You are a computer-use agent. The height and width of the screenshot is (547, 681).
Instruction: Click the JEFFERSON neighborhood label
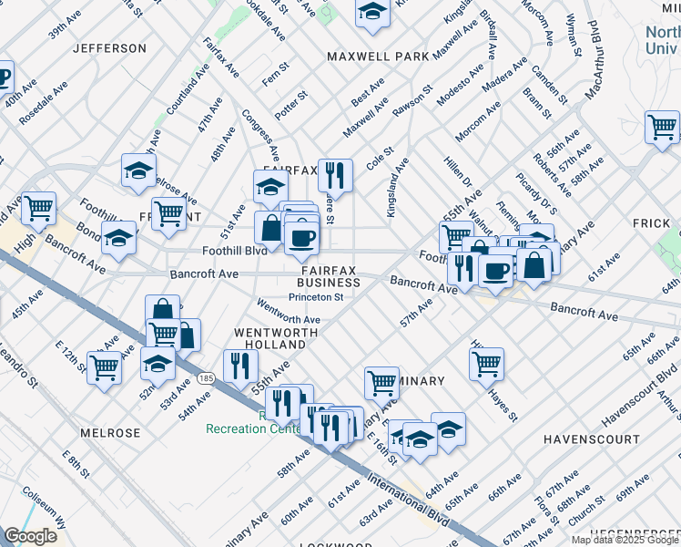[x=109, y=47]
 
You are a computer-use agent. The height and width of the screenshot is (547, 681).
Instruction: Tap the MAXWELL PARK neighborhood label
[x=378, y=57]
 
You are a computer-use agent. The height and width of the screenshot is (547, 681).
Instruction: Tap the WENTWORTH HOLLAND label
[x=269, y=338]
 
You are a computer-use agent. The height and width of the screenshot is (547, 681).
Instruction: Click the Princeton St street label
[x=315, y=296]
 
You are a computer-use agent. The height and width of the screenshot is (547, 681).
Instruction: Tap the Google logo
[x=31, y=536]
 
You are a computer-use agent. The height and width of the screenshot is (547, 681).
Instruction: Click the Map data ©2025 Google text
[x=625, y=540]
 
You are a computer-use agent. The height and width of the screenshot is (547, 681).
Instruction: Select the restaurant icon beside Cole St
[x=335, y=174]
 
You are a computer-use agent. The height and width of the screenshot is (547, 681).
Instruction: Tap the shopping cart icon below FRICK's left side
[x=662, y=127]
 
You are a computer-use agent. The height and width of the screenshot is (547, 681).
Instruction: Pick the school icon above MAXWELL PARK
[x=372, y=11]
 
